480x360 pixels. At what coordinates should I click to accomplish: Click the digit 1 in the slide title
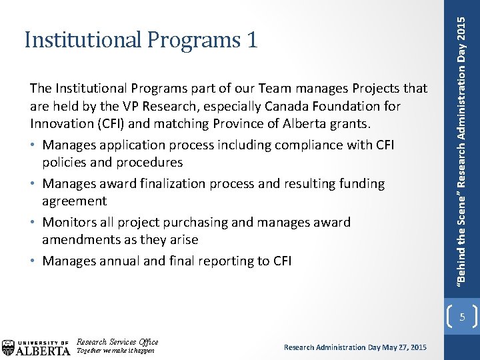pos(251,41)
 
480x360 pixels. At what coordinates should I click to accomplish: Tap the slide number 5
pos(462,317)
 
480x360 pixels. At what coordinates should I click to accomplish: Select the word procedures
pos(149,162)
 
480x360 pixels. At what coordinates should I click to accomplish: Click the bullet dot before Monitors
pos(33,223)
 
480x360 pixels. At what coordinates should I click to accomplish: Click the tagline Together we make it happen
pos(116,351)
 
